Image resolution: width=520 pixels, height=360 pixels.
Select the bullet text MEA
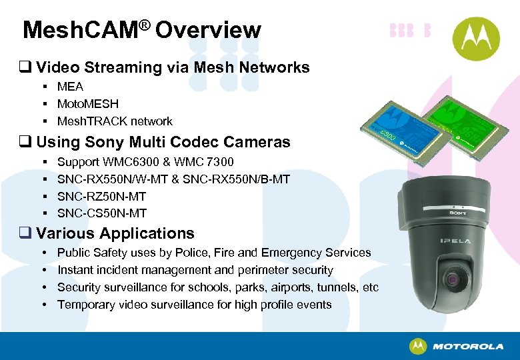click(x=70, y=87)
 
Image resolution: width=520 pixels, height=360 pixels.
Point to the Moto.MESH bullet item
click(x=88, y=104)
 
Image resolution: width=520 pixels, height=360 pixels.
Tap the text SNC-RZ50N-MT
click(x=101, y=196)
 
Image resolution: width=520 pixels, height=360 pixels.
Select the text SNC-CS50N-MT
click(x=102, y=213)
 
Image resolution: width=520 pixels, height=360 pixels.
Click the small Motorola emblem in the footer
click(x=418, y=347)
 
